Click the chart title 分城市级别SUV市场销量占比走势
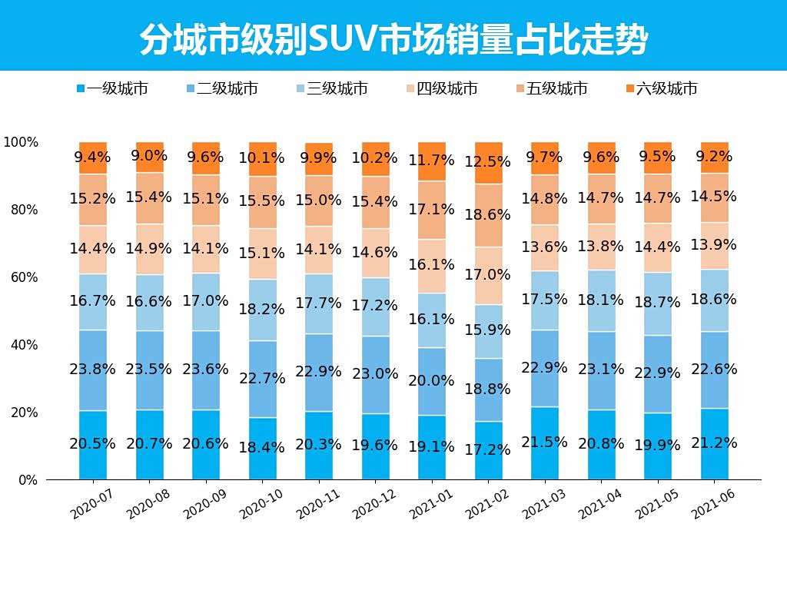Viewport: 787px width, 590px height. point(393,39)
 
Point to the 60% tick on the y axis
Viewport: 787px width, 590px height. point(22,277)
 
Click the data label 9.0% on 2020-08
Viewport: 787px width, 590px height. point(150,156)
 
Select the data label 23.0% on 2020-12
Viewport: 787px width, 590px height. point(376,374)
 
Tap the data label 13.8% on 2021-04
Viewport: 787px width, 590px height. point(602,247)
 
